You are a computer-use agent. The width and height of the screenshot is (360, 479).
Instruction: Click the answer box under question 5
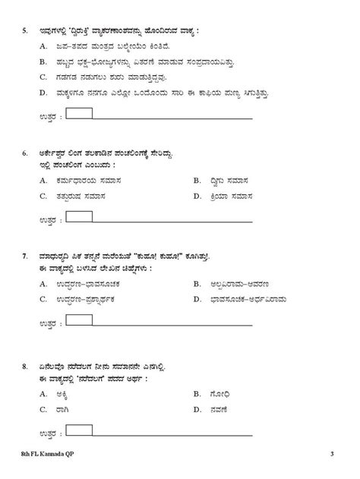coord(81,114)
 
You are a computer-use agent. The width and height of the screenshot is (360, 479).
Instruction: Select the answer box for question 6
coord(81,218)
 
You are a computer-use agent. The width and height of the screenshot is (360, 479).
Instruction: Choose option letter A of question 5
coord(43,48)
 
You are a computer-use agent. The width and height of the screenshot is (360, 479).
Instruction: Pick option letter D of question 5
coord(43,93)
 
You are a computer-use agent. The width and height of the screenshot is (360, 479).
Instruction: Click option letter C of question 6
coord(43,196)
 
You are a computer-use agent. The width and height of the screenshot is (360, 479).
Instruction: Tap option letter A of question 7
coord(43,284)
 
